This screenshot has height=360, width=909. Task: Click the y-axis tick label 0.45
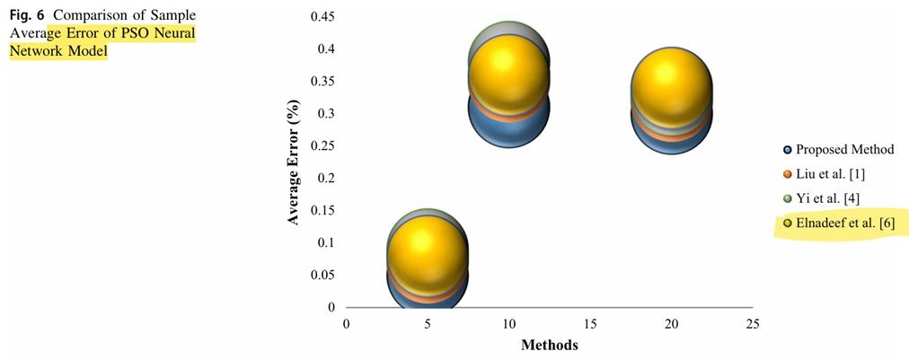[322, 17]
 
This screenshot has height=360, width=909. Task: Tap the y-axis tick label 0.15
[322, 211]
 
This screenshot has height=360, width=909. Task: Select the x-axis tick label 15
[590, 324]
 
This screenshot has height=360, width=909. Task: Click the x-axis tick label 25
[753, 324]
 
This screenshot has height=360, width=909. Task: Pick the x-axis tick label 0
[347, 324]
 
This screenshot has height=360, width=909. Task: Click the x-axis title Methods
[550, 344]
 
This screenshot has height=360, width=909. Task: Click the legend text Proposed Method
[844, 150]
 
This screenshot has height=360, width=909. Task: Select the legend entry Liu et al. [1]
[831, 174]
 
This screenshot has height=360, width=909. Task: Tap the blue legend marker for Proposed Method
[788, 150]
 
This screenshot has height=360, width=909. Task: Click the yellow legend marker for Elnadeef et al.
[788, 223]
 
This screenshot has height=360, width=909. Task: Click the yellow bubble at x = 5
[428, 250]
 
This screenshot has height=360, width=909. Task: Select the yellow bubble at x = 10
[508, 69]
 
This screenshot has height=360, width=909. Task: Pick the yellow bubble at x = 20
[671, 83]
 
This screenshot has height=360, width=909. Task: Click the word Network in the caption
[37, 51]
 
